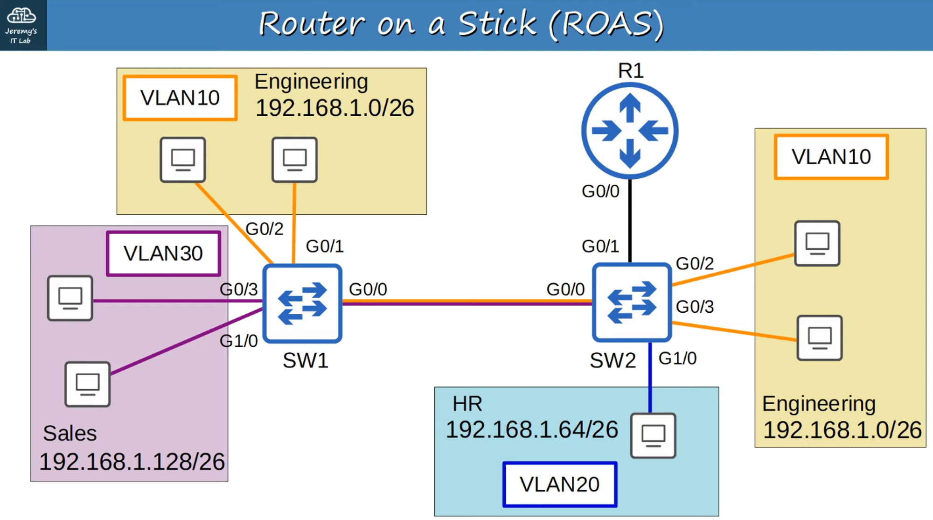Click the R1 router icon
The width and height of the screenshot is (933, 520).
(630, 131)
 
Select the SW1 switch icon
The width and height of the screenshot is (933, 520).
(302, 303)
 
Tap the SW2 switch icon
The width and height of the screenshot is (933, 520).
(632, 302)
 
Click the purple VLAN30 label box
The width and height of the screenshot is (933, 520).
(163, 253)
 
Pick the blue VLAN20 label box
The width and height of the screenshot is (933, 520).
(560, 484)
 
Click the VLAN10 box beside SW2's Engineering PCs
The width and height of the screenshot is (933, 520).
(831, 157)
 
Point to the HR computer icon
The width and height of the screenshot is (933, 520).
(653, 435)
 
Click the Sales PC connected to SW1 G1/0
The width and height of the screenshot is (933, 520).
(88, 384)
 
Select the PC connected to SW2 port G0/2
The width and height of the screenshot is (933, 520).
(817, 243)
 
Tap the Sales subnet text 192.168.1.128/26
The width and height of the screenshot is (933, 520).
(132, 462)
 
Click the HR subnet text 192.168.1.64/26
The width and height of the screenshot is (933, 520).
(532, 429)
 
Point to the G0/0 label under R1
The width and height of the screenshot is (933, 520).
(600, 191)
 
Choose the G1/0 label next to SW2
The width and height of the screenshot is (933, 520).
(677, 358)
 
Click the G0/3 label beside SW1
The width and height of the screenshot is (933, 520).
(238, 289)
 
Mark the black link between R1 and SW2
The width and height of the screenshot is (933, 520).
(630, 219)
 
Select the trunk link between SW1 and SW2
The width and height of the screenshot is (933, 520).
(466, 302)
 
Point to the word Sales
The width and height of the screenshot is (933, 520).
(70, 433)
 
